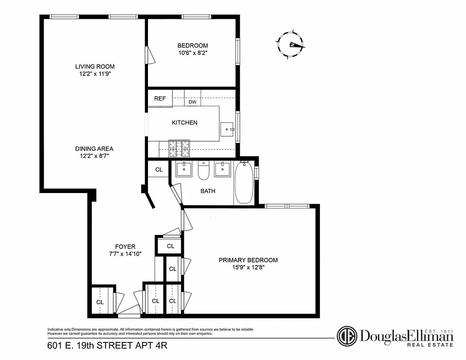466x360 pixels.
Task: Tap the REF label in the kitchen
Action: (160, 99)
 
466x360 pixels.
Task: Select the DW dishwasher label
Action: (193, 102)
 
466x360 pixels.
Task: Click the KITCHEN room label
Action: (184, 122)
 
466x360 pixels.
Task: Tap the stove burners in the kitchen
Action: (180, 146)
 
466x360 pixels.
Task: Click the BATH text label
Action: (208, 191)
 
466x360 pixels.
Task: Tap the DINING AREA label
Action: (94, 148)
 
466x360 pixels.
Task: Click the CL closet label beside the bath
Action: (159, 170)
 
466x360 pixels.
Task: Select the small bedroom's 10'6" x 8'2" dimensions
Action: (193, 53)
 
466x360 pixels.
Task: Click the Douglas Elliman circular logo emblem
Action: (347, 336)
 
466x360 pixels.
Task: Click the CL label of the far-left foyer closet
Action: (100, 302)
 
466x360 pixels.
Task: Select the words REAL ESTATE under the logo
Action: (430, 345)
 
